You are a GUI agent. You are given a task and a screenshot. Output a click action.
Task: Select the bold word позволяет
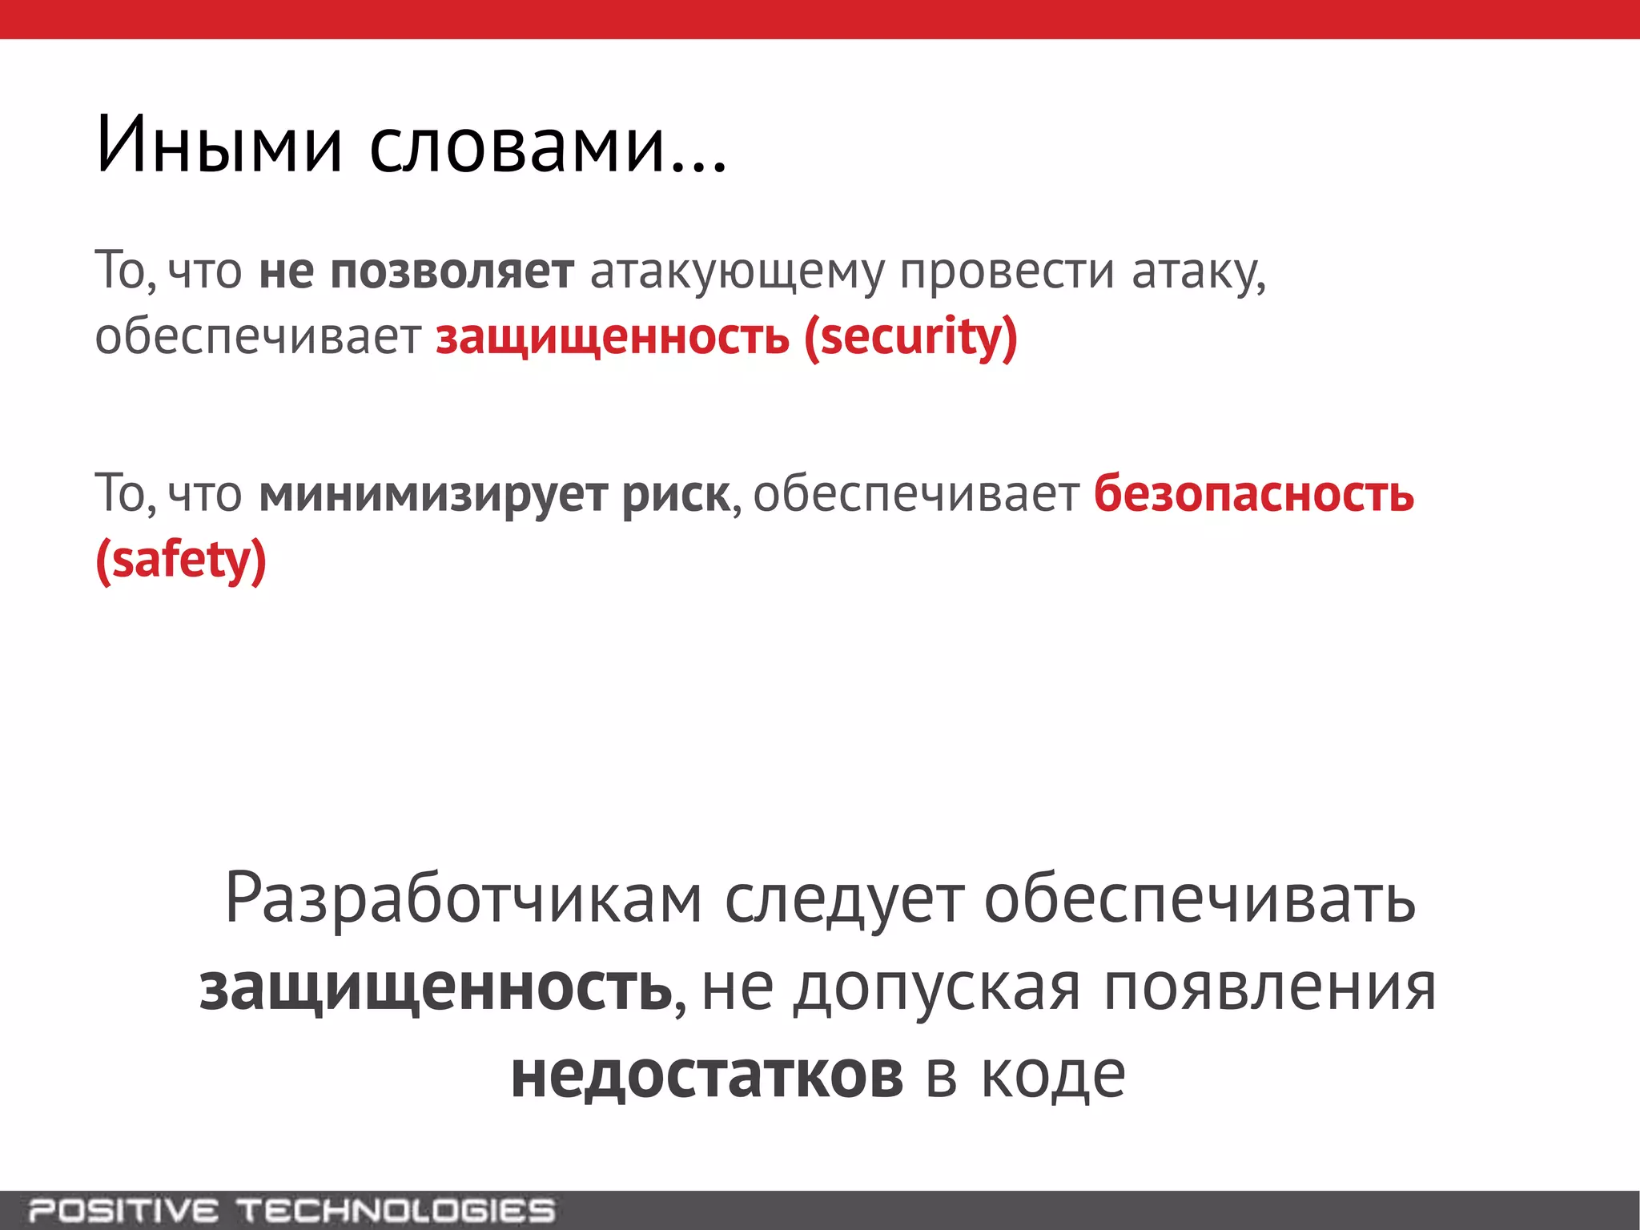(452, 272)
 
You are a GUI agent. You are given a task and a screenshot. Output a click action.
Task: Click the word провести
(1007, 272)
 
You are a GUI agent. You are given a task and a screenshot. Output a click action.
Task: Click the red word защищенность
(613, 337)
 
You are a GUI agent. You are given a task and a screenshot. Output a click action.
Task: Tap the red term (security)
(910, 337)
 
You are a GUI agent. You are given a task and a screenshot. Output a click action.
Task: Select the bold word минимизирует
(433, 495)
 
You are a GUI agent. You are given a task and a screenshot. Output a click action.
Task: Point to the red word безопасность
(1253, 493)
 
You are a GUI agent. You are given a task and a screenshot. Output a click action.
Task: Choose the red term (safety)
(181, 560)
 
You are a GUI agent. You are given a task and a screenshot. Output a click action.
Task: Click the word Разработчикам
(464, 899)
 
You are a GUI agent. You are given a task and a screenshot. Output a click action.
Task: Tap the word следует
(844, 899)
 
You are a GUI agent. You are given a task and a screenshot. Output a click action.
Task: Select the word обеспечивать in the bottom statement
(1200, 899)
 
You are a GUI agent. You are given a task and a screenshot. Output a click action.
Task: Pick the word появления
(1269, 988)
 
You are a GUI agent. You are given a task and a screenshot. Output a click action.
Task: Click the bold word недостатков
(707, 1075)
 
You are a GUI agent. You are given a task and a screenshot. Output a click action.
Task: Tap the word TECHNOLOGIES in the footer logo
(397, 1210)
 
